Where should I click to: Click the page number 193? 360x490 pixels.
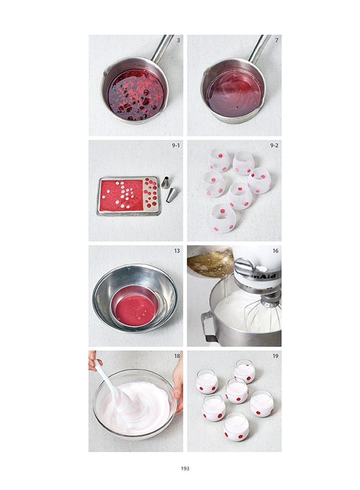185,468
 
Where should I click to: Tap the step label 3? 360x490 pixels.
178,40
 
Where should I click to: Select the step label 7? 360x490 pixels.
277,40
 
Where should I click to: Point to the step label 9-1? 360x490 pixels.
176,145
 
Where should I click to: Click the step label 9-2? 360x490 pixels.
274,145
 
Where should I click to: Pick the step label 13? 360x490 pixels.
177,251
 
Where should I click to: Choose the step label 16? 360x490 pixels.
275,251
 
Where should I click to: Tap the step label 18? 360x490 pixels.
177,356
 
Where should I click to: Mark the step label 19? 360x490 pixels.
275,356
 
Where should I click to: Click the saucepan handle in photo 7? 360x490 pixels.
259,49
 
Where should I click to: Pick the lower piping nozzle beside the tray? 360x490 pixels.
172,194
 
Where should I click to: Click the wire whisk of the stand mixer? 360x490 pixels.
263,312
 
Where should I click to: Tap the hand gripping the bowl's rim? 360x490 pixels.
178,385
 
